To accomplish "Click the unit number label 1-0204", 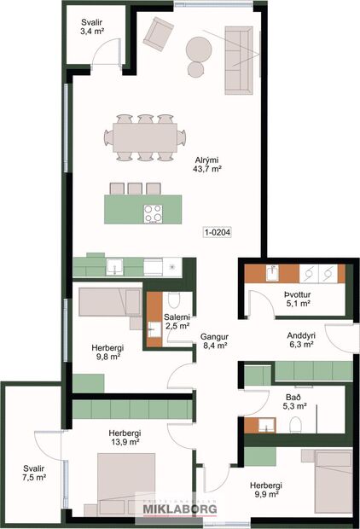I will pos(218,231).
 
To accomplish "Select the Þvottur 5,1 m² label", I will pos(297,297).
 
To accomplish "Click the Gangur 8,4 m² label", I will pos(213,341).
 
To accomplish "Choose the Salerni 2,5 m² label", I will pos(177,321).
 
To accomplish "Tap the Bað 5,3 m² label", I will pos(293,401).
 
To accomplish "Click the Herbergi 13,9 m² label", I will pos(125,438).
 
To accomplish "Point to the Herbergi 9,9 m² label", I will pos(266,491).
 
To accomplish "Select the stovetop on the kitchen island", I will pos(154,213).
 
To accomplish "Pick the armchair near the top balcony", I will pos(158,33).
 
